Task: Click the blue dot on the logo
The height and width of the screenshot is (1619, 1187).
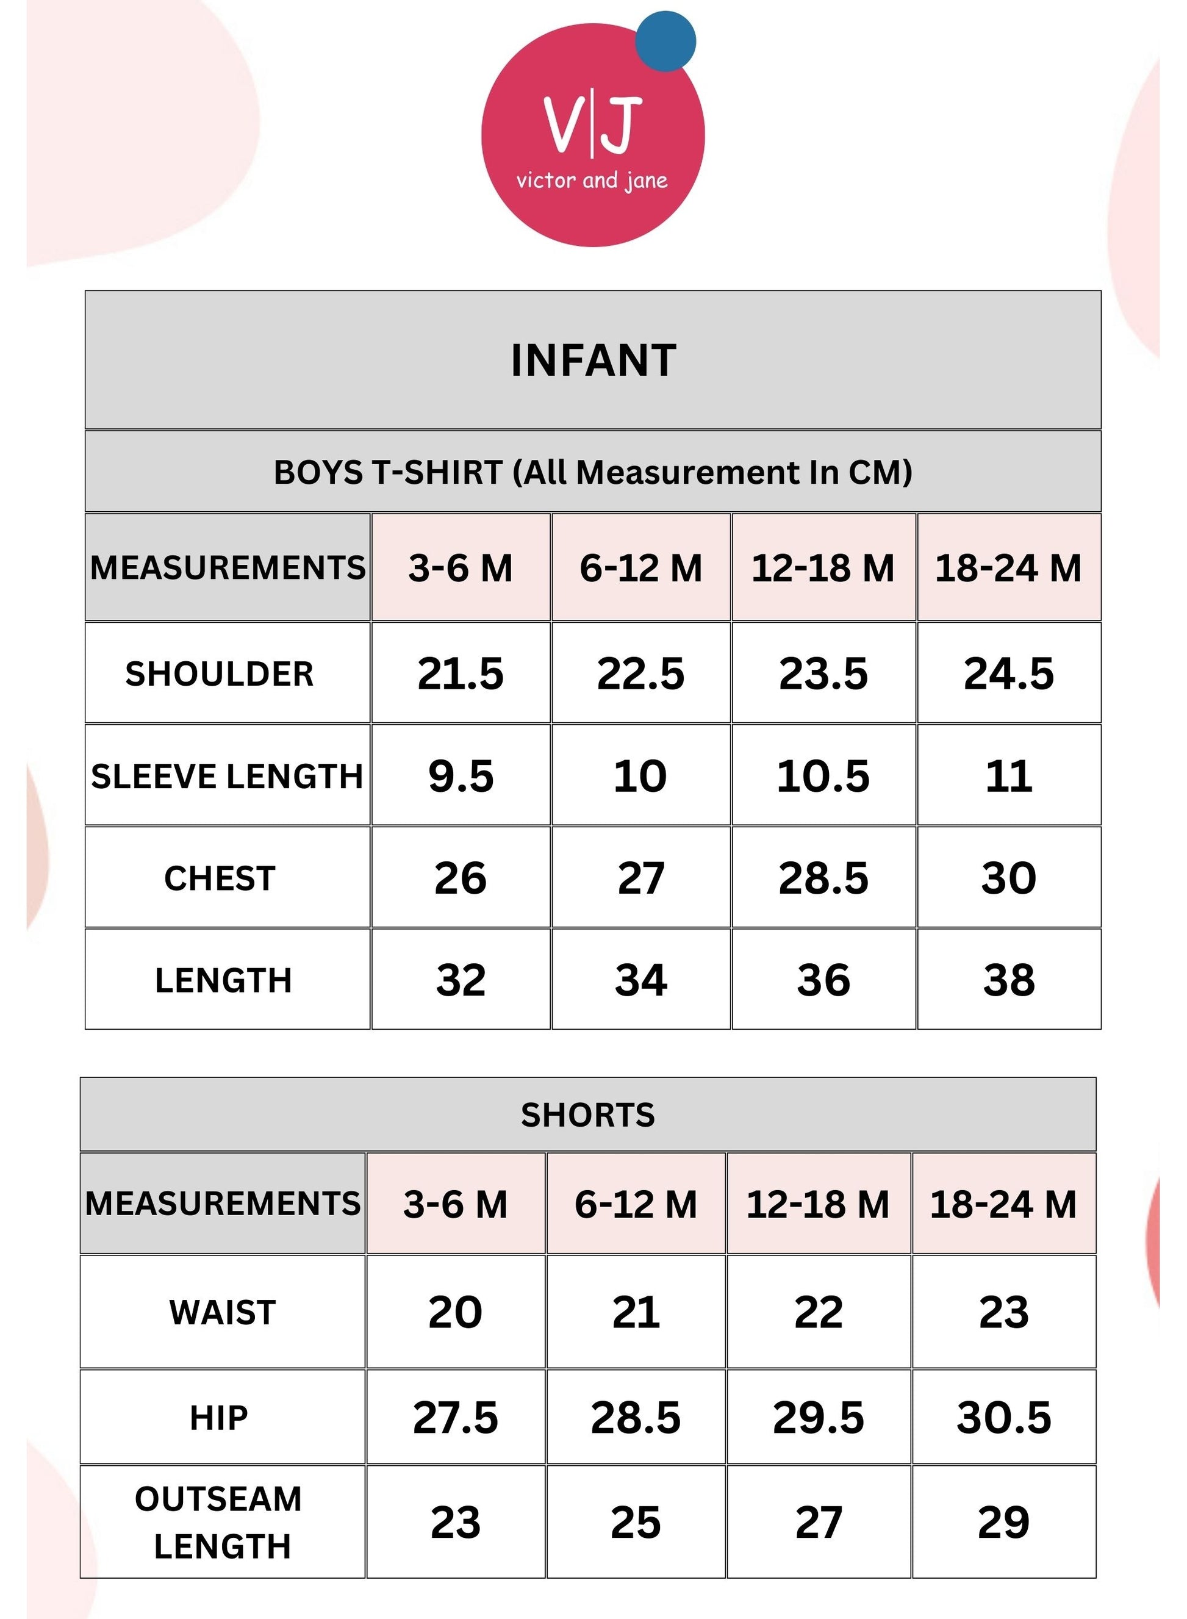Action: pos(665,41)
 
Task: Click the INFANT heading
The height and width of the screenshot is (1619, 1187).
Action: pos(593,361)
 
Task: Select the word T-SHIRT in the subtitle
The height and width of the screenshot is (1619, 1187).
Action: pos(437,473)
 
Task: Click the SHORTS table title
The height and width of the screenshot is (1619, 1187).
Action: pos(588,1115)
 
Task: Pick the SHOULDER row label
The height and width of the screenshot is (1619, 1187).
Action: pos(220,674)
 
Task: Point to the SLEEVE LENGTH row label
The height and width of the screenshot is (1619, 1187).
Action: pos(227,776)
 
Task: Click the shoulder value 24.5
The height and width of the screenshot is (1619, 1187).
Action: pos(1009,674)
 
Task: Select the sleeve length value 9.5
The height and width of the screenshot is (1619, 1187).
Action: pos(461,776)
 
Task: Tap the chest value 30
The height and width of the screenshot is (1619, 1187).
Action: pos(1009,878)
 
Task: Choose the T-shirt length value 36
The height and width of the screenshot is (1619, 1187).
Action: pos(823,980)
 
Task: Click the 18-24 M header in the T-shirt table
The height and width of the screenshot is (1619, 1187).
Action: pos(1008,568)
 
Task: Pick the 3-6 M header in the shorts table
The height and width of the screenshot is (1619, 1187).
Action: pos(456,1204)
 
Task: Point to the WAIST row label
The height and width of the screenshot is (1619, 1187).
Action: pos(223,1312)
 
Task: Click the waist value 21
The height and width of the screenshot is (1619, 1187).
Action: pos(636,1312)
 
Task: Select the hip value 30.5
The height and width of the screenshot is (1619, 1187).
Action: pos(1004,1418)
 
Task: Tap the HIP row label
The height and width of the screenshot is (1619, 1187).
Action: pos(219,1418)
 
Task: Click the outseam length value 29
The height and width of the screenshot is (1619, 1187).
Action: pos(1004,1522)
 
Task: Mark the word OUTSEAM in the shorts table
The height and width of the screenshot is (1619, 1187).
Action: pos(218,1499)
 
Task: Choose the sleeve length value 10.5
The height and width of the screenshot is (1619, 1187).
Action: pos(823,776)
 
